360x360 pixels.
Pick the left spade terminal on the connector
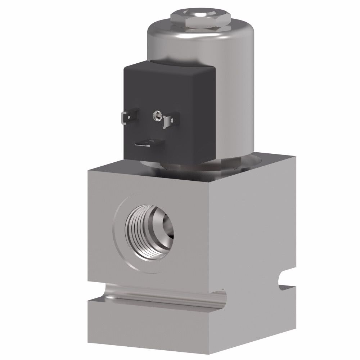pyautogui.click(x=127, y=117)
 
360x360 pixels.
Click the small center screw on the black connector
pyautogui.click(x=157, y=115)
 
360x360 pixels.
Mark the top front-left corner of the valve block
pyautogui.click(x=89, y=172)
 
